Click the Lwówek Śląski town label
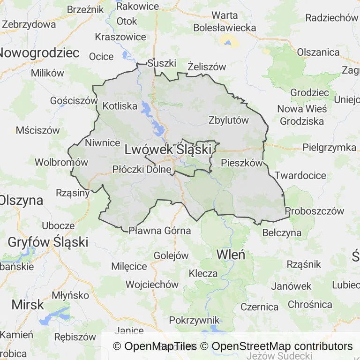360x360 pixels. (x=168, y=150)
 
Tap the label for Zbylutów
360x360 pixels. (x=229, y=120)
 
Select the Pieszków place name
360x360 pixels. (x=241, y=164)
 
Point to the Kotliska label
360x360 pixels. (x=120, y=106)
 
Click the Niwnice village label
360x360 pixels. (x=103, y=142)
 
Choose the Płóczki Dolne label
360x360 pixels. (x=142, y=170)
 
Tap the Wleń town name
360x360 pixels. (x=231, y=255)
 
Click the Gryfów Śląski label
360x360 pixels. (x=48, y=242)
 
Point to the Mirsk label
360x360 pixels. (x=28, y=304)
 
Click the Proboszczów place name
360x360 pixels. (x=315, y=211)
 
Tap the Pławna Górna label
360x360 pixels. (x=160, y=231)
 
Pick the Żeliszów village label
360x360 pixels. (x=207, y=67)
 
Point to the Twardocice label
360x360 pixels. (x=300, y=176)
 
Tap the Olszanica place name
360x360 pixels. (x=318, y=52)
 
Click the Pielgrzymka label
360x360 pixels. (x=329, y=148)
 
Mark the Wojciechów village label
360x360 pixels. (x=152, y=285)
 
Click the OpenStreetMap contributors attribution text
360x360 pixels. (x=282, y=346)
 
